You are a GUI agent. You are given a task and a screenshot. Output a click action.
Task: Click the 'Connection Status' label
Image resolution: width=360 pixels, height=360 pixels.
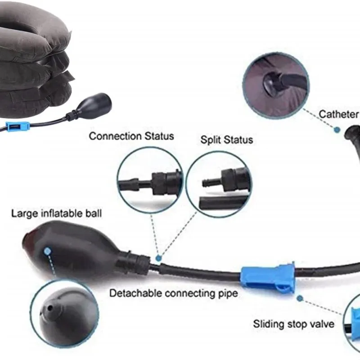tap(131, 136)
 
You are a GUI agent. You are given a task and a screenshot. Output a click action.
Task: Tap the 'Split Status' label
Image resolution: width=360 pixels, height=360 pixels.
tap(227, 139)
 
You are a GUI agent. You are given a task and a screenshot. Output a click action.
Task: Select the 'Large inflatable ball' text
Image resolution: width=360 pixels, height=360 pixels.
tap(57, 213)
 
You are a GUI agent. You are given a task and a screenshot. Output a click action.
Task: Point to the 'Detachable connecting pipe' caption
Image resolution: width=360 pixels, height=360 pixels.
tap(174, 293)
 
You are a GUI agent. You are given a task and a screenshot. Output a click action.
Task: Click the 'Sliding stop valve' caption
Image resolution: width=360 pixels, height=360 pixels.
tap(294, 324)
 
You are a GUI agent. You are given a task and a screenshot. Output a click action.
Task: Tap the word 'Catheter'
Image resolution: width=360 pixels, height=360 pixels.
tap(338, 114)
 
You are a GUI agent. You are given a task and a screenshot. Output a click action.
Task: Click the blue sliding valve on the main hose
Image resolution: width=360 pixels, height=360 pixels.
tap(268, 277)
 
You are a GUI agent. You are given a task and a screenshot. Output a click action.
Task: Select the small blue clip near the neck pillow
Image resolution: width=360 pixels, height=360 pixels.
tap(18, 126)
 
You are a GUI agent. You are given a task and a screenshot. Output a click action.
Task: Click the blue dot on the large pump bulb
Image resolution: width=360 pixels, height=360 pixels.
tap(47, 252)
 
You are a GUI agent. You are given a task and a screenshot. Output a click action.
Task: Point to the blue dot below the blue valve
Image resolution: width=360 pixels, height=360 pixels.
tap(300, 298)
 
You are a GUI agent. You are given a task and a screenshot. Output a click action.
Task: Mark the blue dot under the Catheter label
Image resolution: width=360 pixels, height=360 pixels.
tap(337, 130)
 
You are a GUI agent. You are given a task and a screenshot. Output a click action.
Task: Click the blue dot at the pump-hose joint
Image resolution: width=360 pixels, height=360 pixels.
tap(158, 258)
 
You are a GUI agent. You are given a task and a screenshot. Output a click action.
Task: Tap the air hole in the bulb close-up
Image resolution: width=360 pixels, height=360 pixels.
tap(49, 307)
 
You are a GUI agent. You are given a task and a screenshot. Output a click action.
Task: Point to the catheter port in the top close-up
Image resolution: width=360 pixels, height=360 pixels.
tap(272, 83)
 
